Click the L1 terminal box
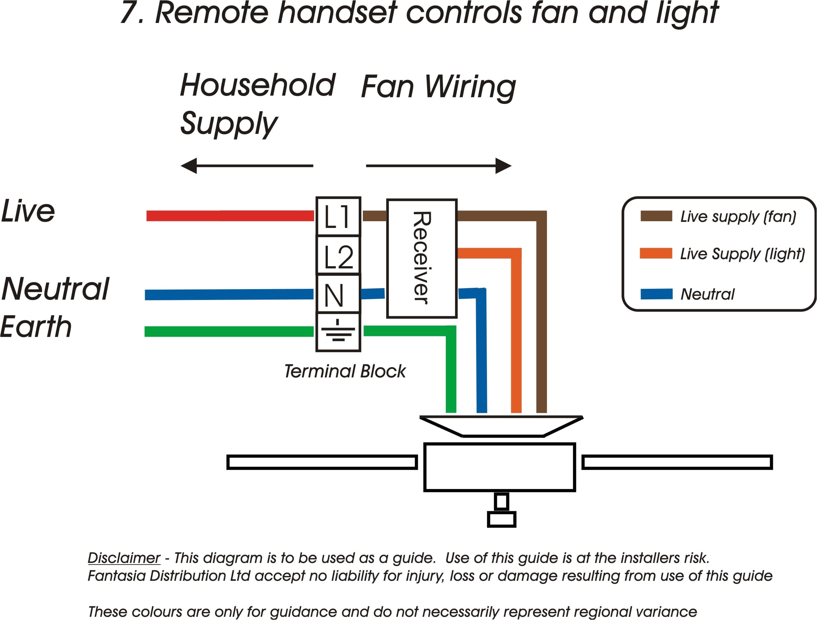coord(338,216)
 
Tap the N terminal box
coord(338,294)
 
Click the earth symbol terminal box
coord(338,332)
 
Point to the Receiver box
coord(422,259)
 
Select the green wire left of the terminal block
coord(229,331)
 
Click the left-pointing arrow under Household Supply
coord(247,166)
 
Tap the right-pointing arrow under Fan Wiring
coord(439,166)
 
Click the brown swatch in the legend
coord(656,216)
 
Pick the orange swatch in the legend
coord(656,253)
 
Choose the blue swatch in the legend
coord(656,294)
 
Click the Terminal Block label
coord(345,371)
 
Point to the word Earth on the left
coord(36,327)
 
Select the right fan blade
coord(677,462)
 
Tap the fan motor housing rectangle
coord(499,467)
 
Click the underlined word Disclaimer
coord(124,558)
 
